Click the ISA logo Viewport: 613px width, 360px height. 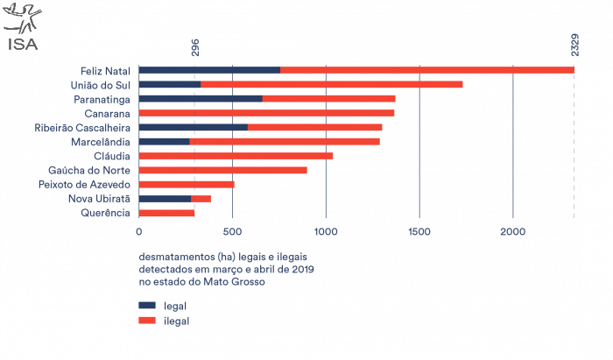22,27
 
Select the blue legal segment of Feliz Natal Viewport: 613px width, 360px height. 209,70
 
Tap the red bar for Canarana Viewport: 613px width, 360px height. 267,113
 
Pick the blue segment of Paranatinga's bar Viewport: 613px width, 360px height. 201,99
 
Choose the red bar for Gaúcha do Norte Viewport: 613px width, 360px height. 223,170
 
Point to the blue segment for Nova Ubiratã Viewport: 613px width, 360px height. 165,199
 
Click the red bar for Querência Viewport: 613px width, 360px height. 166,213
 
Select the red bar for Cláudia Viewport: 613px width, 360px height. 236,156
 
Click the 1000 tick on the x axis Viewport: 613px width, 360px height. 326,232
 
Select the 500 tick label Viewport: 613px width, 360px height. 232,232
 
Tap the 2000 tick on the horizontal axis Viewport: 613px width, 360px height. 513,232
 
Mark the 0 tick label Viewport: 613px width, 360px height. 138,232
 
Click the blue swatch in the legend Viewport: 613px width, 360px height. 146,305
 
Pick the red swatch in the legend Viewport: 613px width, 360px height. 146,321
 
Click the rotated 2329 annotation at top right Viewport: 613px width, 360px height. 574,45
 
